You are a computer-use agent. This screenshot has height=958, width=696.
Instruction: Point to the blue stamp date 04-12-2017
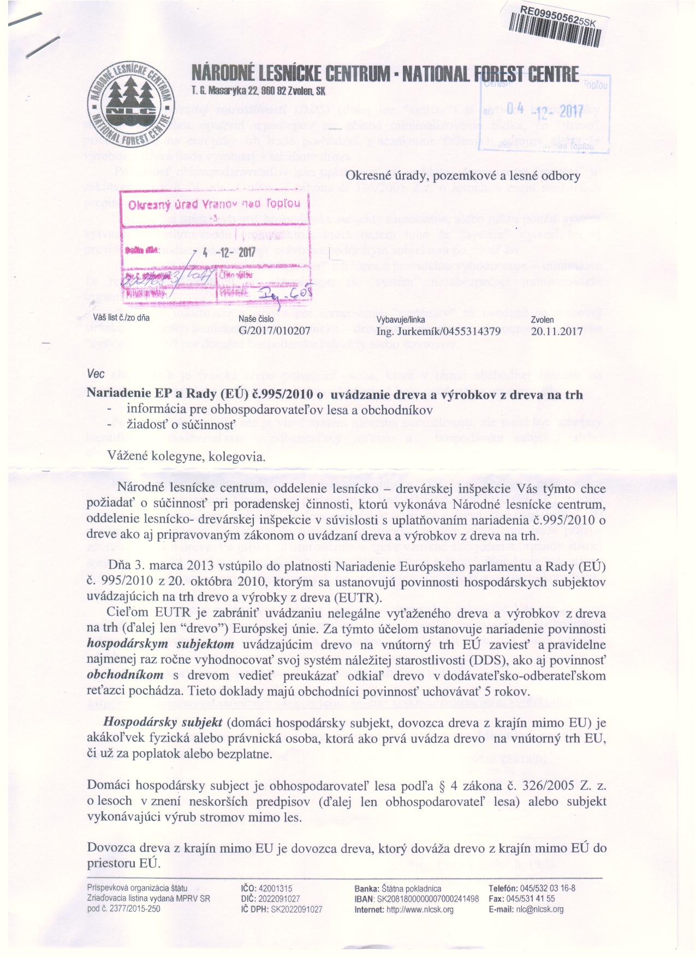pos(545,110)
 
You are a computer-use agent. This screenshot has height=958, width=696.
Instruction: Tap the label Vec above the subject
pos(95,376)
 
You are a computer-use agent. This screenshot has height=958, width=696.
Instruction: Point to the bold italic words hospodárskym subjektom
pos(160,645)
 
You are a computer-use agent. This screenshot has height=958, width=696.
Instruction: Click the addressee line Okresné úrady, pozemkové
pos(463,176)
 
